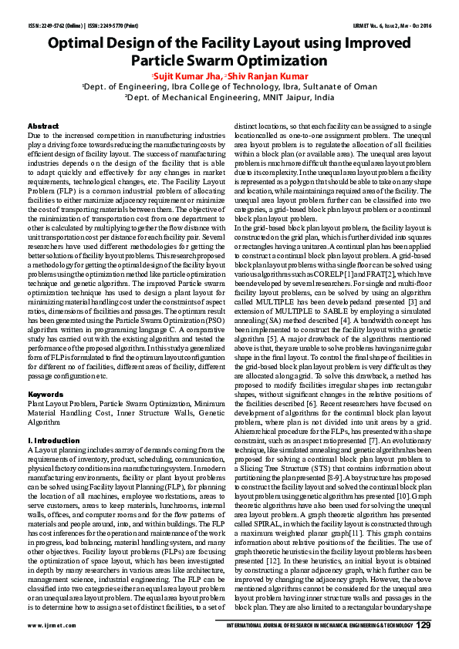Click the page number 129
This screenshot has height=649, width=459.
point(422,624)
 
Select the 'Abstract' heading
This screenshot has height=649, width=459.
point(43,125)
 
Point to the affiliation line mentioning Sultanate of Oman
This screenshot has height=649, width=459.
point(229,88)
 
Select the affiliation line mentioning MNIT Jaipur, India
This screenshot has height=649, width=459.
point(229,99)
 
